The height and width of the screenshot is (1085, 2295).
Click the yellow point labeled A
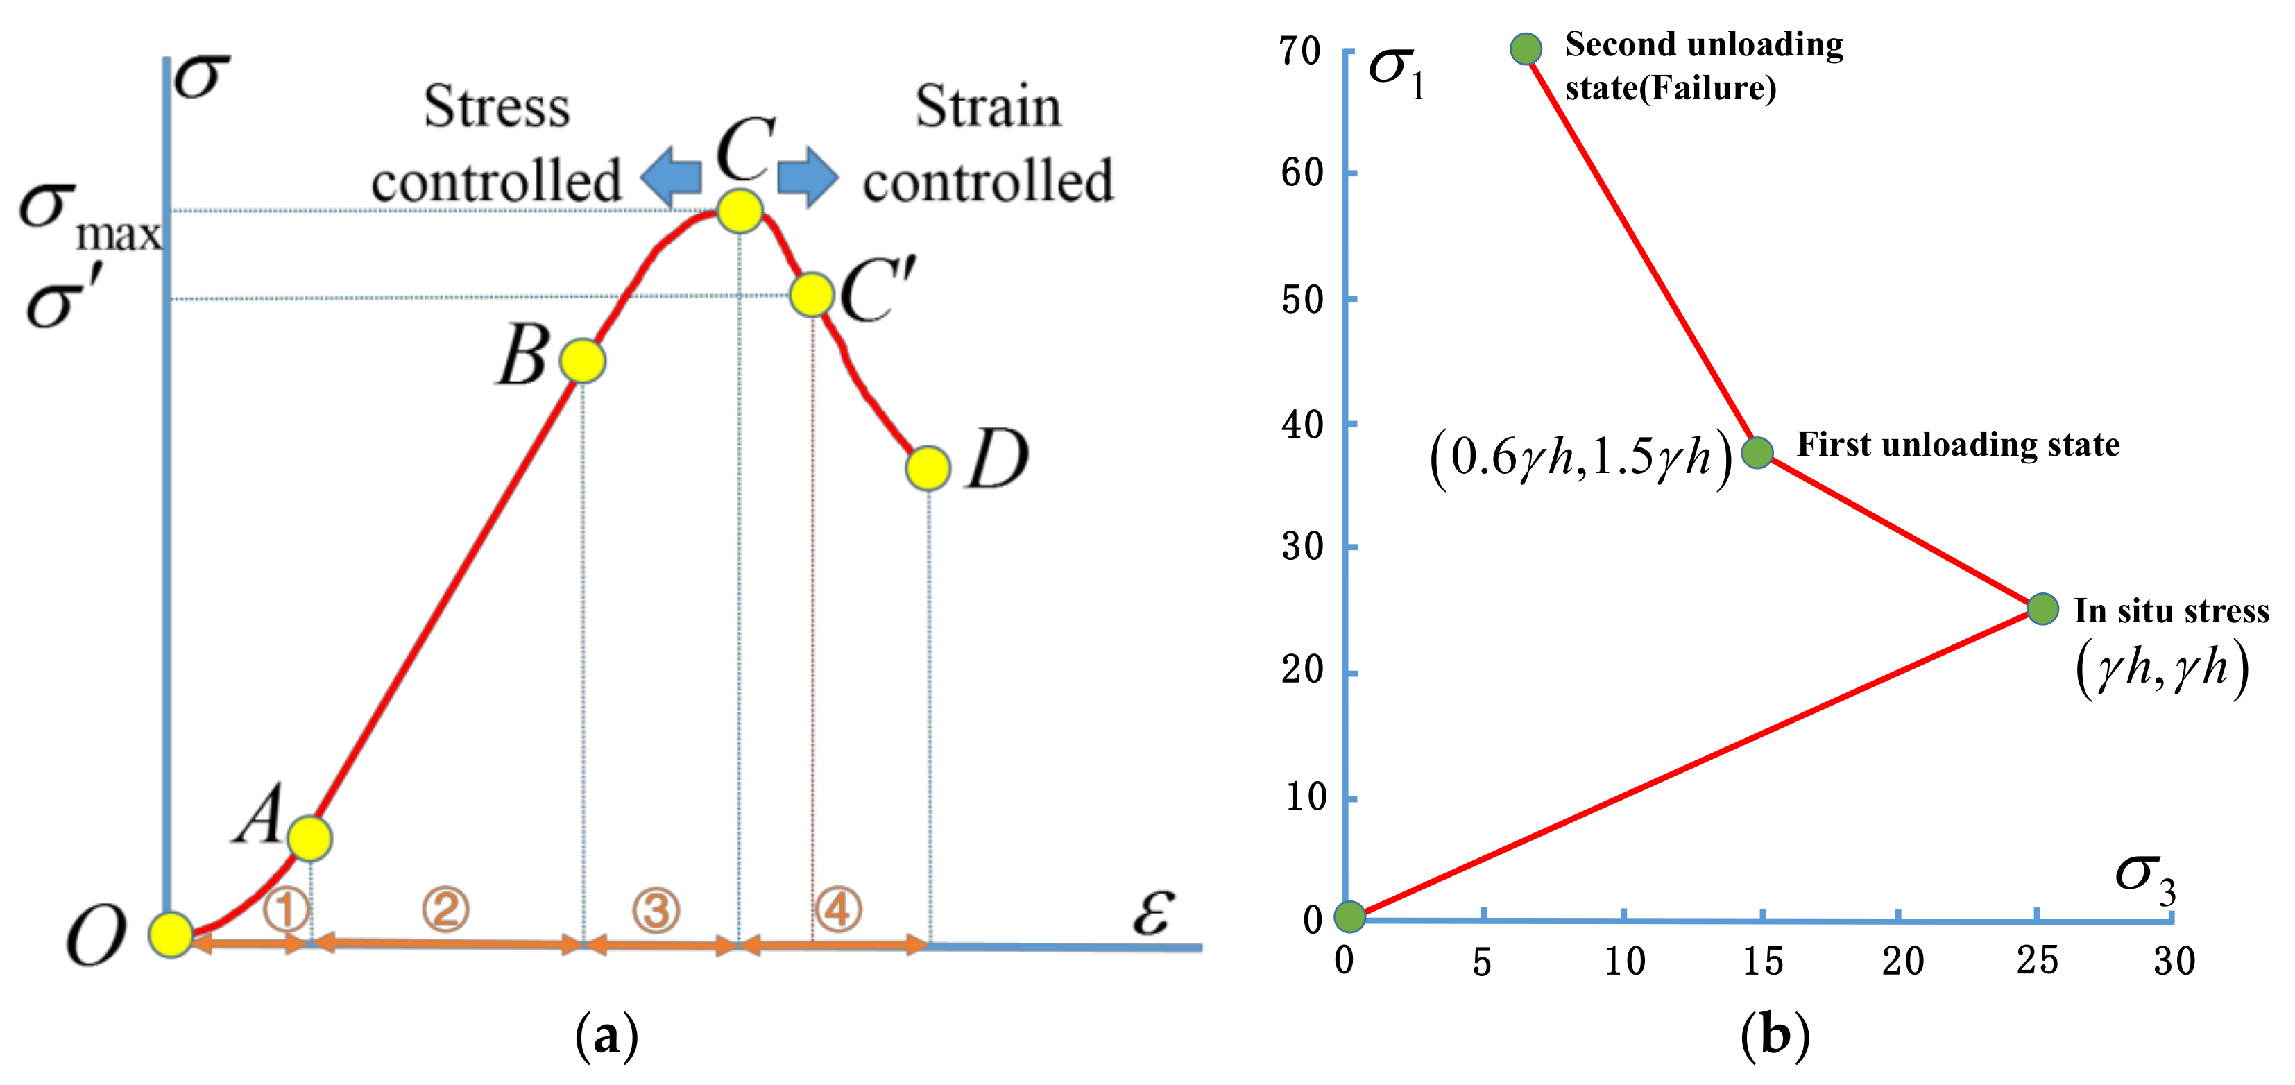click(x=309, y=837)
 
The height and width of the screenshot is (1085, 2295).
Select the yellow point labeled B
click(x=582, y=361)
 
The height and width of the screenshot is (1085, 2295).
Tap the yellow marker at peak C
click(x=740, y=211)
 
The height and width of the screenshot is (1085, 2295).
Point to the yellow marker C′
click(x=811, y=294)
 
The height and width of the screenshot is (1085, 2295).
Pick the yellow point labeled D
click(x=928, y=468)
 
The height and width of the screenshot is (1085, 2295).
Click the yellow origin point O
click(x=170, y=934)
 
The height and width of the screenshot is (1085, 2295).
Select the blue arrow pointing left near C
click(x=672, y=176)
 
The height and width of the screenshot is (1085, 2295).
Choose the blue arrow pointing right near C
click(x=807, y=176)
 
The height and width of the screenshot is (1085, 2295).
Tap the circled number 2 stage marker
click(x=445, y=909)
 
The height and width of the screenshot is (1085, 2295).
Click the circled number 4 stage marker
click(x=837, y=909)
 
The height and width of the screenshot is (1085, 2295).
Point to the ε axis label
click(x=1154, y=910)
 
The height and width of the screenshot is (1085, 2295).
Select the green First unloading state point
click(x=1757, y=452)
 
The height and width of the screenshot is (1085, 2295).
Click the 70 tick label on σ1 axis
click(x=1300, y=51)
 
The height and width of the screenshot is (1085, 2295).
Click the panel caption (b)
click(x=1775, y=1035)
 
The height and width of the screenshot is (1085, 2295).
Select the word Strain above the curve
click(x=988, y=106)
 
